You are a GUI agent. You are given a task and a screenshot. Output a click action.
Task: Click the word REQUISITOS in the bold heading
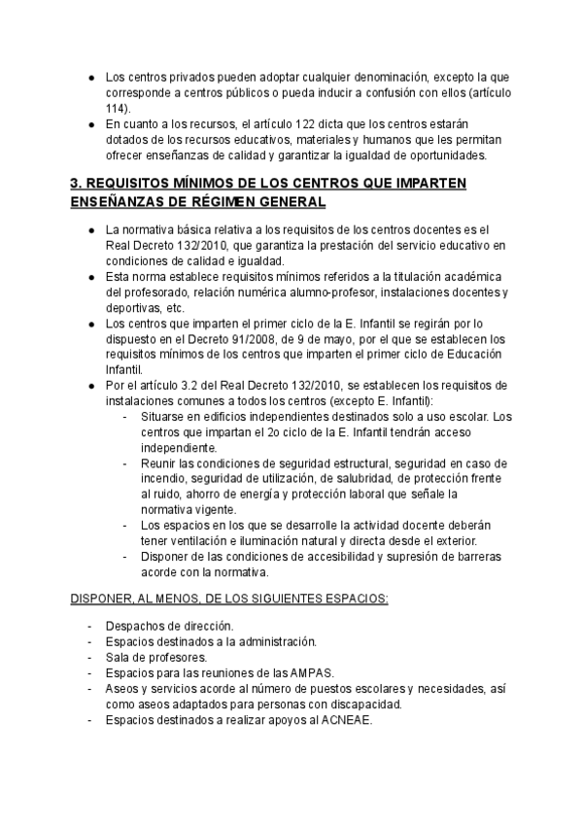(x=135, y=184)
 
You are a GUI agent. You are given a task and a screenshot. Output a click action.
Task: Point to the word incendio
(x=165, y=479)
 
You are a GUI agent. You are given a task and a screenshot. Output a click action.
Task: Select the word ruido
(x=163, y=494)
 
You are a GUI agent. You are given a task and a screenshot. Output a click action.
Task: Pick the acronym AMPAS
(x=333, y=673)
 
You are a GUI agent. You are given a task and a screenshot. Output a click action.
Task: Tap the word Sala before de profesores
(x=119, y=658)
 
